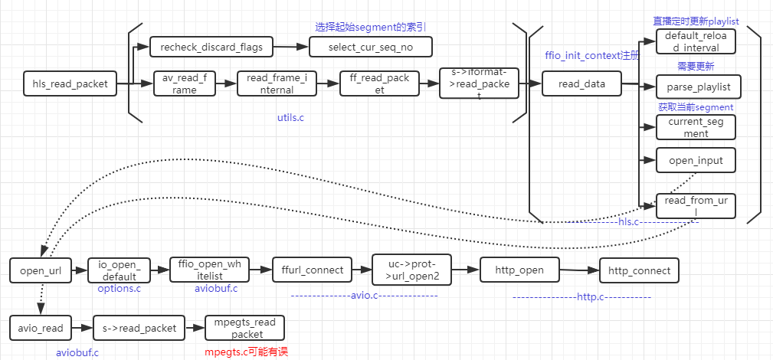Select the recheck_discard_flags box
211,47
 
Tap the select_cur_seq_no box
371,47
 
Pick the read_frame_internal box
277,83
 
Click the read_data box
581,83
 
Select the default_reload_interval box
696,42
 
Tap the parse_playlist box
696,86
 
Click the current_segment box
696,127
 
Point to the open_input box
696,160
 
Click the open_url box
41,270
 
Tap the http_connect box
639,270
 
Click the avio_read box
41,328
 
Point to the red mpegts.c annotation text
246,352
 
